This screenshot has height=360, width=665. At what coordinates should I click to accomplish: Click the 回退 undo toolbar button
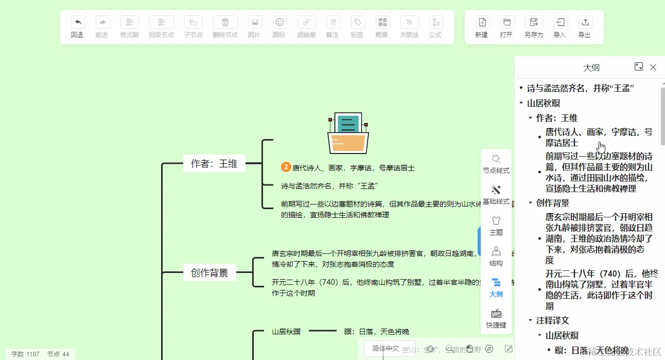[x=77, y=27]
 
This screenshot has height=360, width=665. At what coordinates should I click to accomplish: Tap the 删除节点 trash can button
[x=225, y=27]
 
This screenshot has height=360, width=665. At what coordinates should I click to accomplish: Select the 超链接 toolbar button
[x=306, y=27]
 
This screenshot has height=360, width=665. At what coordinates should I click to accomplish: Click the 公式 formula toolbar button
[x=435, y=27]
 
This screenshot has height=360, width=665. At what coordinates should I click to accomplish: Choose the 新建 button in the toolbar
[x=482, y=27]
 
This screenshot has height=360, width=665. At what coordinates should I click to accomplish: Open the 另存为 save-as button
[x=534, y=27]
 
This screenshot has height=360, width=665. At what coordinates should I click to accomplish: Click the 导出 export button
[x=585, y=27]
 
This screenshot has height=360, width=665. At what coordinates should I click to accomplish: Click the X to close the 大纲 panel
[x=653, y=67]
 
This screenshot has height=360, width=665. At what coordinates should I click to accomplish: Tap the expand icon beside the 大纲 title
[x=639, y=67]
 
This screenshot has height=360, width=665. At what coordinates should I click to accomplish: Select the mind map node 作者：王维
[x=214, y=164]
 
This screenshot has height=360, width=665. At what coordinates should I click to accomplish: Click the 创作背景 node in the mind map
[x=209, y=273]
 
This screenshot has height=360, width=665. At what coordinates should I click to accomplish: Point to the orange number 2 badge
[x=286, y=167]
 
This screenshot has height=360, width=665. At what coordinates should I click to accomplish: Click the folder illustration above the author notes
[x=348, y=133]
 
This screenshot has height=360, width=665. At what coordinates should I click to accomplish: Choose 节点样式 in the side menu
[x=496, y=164]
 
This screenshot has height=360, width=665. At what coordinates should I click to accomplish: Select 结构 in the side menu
[x=496, y=256]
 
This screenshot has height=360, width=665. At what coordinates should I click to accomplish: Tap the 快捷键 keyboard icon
[x=496, y=318]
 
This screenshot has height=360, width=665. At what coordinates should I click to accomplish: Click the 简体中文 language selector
[x=386, y=349]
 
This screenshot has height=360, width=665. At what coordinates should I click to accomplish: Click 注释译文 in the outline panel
[x=553, y=320]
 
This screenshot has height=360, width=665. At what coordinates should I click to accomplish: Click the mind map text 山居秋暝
[x=286, y=332]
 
